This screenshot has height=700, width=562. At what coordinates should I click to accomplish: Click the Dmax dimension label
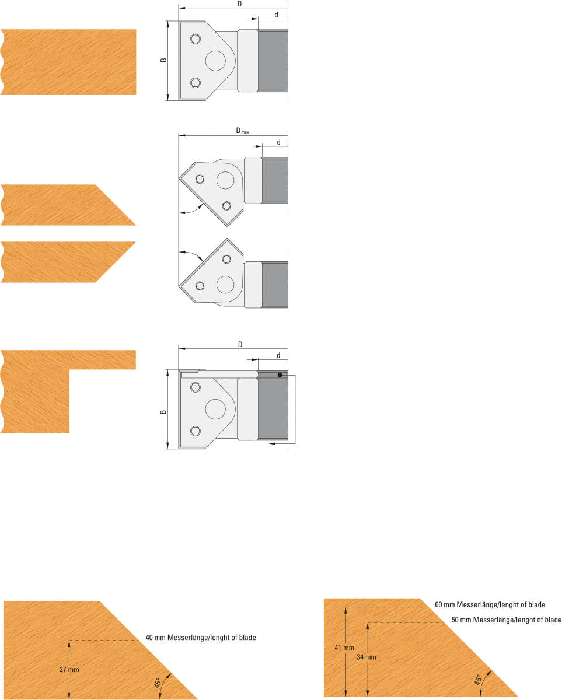242,131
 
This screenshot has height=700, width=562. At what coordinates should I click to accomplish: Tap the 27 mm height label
69,670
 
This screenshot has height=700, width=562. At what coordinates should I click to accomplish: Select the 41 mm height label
344,647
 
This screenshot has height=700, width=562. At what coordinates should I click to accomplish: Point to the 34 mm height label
366,657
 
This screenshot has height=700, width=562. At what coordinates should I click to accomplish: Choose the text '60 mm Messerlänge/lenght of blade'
490,604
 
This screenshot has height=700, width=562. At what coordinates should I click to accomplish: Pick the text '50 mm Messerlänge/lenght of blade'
507,619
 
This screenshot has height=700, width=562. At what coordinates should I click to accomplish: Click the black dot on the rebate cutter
280,375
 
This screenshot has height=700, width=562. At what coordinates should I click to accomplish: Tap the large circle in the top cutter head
215,61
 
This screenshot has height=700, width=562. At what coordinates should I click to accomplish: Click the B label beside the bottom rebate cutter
163,412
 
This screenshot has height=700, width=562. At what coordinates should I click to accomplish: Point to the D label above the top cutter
239,4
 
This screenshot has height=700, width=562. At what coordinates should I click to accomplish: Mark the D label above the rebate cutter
240,345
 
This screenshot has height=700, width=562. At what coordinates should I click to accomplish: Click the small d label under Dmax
278,142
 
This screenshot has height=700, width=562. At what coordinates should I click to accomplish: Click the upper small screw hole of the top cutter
196,39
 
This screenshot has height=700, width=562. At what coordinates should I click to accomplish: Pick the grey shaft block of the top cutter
273,61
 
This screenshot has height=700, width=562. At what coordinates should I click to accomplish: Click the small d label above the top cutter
276,15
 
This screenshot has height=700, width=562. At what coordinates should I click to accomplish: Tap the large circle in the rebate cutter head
215,409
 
